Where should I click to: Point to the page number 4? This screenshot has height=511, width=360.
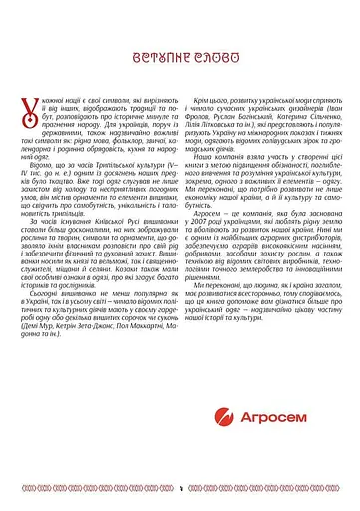pyautogui.click(x=181, y=489)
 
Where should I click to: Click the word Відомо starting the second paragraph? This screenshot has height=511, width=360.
pyautogui.click(x=41, y=198)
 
